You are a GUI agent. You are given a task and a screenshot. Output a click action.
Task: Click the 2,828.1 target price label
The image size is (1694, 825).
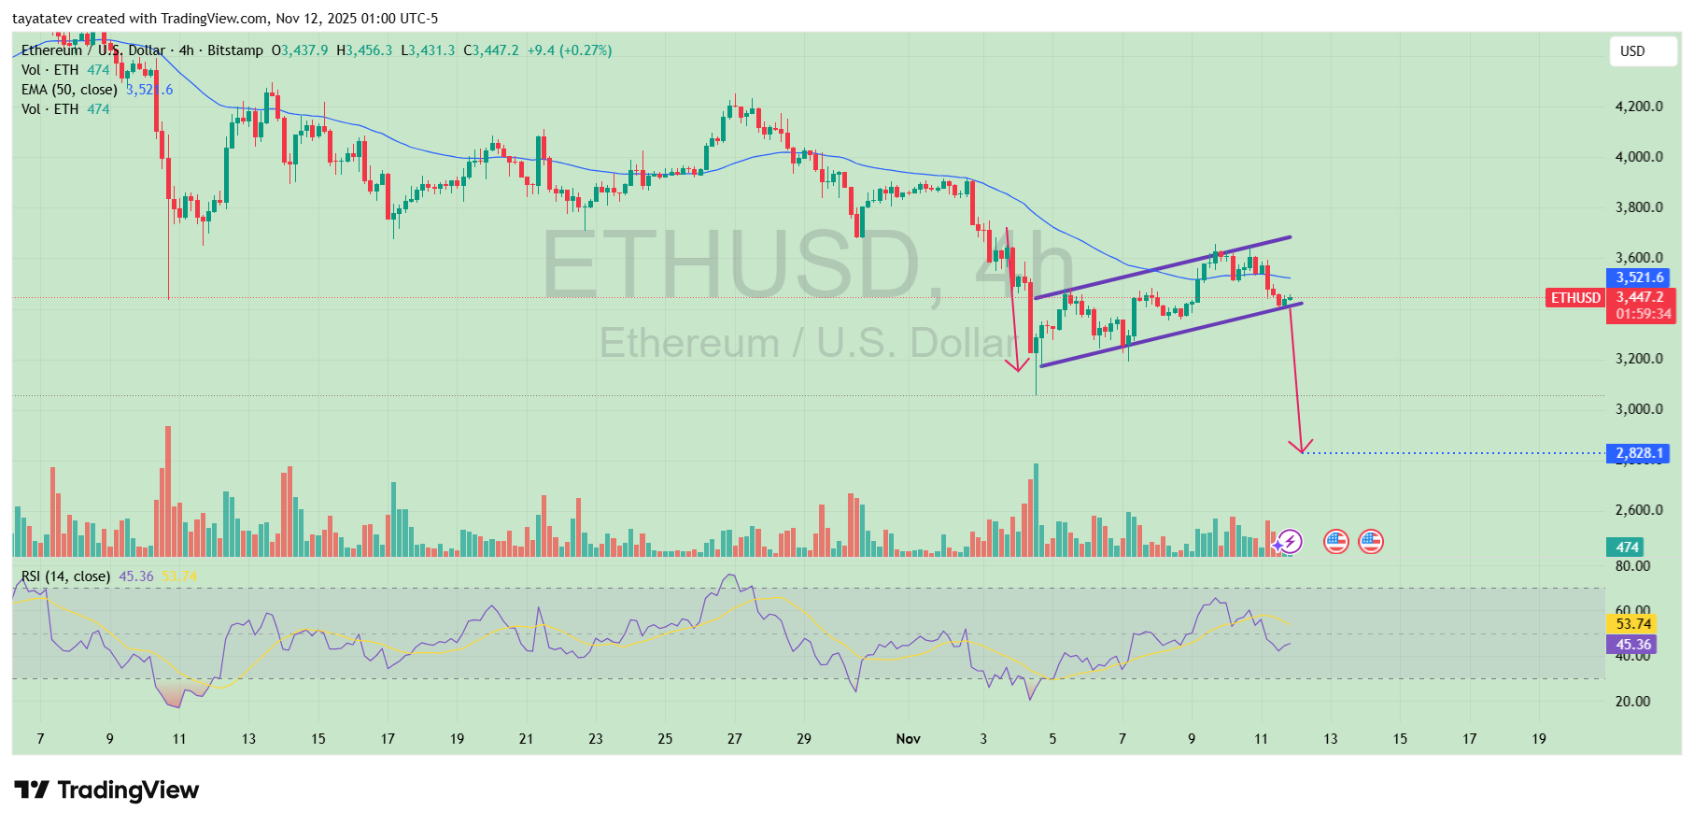click(x=1640, y=453)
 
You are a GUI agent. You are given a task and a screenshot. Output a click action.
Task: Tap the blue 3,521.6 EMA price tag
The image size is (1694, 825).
click(x=1640, y=277)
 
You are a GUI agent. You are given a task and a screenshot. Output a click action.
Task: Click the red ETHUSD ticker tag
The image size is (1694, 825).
click(x=1575, y=298)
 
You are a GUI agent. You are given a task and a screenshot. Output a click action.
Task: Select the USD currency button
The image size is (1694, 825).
click(x=1642, y=51)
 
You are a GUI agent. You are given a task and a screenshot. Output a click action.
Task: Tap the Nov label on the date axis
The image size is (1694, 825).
click(x=908, y=739)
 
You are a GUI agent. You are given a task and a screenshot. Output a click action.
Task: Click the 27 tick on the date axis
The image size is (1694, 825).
click(x=734, y=739)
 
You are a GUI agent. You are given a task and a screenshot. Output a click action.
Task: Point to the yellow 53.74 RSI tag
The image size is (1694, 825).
click(x=1633, y=624)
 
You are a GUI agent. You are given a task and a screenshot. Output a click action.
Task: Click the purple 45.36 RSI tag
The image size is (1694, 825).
click(x=1633, y=645)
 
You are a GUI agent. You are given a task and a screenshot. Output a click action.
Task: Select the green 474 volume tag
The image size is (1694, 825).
click(x=1627, y=548)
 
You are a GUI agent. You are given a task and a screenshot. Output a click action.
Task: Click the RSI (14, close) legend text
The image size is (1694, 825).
click(x=65, y=576)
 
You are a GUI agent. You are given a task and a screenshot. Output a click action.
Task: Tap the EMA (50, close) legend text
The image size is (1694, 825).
click(x=69, y=90)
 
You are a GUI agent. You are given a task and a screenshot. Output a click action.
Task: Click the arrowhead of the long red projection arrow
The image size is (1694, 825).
click(x=1300, y=448)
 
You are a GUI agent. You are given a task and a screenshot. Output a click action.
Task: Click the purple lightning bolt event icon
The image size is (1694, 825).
click(x=1290, y=541)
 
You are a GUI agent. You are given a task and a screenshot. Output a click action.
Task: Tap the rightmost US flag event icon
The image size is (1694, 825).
click(x=1370, y=541)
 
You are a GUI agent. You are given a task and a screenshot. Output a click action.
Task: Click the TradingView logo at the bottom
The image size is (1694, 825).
click(x=106, y=790)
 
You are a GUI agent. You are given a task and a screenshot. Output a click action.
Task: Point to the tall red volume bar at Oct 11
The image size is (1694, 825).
click(x=168, y=491)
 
